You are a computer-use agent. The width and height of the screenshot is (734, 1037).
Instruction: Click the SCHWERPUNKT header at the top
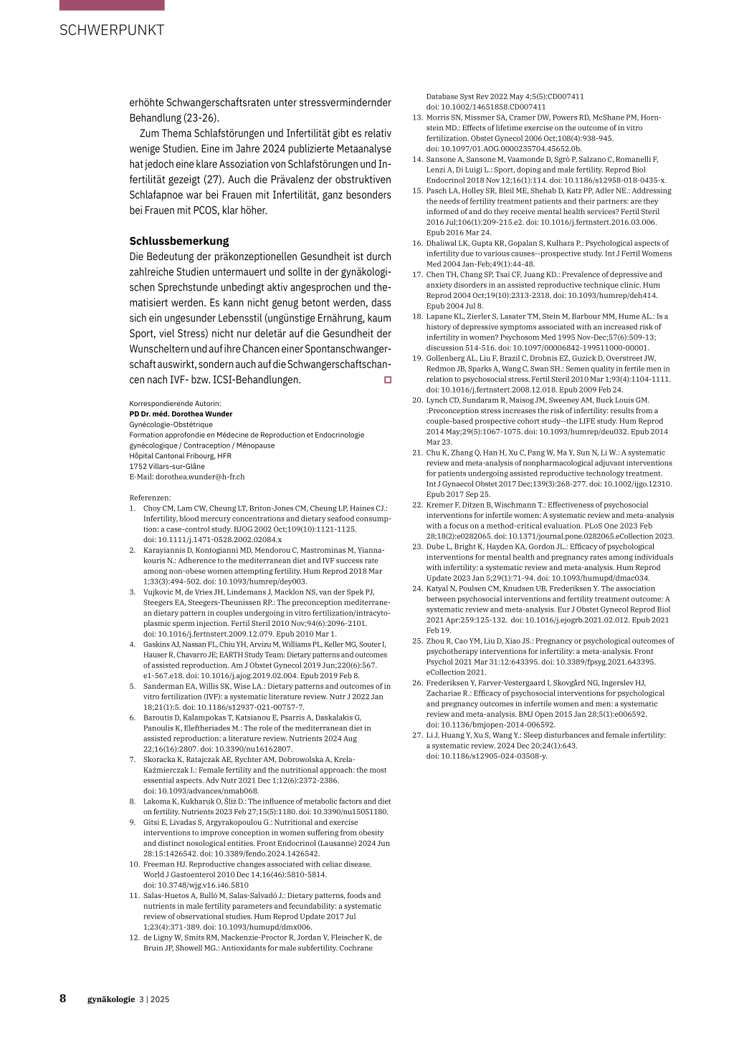click(x=112, y=30)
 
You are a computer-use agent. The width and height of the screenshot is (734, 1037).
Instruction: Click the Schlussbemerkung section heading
click(x=179, y=241)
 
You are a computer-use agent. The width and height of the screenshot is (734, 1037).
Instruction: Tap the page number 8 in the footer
click(x=63, y=998)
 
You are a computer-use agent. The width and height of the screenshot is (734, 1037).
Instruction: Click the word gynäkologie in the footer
click(x=111, y=999)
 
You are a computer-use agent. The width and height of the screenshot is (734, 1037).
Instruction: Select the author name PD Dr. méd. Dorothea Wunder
click(x=181, y=414)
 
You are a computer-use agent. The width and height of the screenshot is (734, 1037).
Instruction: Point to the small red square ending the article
click(x=388, y=379)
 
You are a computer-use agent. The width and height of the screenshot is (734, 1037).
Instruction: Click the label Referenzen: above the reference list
click(x=150, y=498)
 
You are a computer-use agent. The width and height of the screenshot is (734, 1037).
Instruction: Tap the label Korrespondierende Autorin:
click(x=175, y=403)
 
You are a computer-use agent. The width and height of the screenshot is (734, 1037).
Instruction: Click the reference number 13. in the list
click(x=417, y=117)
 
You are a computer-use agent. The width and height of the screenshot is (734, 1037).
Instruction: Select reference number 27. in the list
click(x=417, y=735)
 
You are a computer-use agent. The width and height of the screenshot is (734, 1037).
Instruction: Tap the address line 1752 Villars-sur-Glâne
click(x=167, y=466)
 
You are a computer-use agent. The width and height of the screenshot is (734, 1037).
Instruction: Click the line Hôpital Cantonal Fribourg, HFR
click(x=180, y=455)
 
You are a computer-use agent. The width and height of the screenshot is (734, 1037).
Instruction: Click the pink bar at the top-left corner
click(x=112, y=5)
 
